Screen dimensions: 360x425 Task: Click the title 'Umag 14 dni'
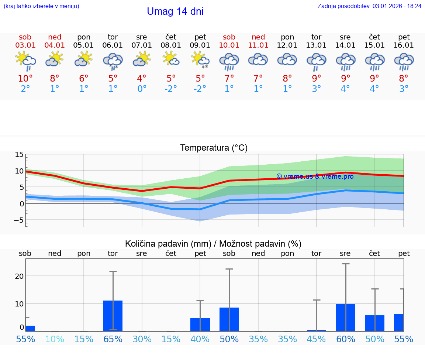click(x=175, y=11)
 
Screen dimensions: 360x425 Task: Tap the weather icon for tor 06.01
click(x=113, y=60)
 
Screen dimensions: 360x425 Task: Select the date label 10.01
click(x=229, y=45)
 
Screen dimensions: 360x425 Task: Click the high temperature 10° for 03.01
click(x=25, y=78)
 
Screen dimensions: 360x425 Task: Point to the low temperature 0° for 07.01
click(x=142, y=89)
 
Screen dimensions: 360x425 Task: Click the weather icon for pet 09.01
click(x=200, y=60)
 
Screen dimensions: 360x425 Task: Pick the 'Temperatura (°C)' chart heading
click(x=214, y=148)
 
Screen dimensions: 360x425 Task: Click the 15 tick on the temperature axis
click(x=20, y=155)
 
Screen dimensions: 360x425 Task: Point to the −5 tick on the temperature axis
click(x=18, y=220)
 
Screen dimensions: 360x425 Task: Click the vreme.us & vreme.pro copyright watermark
click(x=315, y=176)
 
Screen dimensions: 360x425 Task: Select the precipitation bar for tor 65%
click(x=113, y=316)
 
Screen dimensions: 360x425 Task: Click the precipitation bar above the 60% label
click(x=345, y=317)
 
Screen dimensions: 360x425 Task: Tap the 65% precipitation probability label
click(x=113, y=339)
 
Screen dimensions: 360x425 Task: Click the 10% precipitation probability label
click(x=55, y=339)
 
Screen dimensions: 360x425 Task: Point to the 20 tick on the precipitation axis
click(x=20, y=276)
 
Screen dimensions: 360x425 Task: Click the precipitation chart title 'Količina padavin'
click(x=213, y=244)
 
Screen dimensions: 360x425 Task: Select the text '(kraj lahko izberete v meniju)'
click(x=41, y=6)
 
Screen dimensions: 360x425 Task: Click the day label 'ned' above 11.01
click(x=258, y=37)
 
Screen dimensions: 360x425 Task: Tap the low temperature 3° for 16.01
click(x=404, y=89)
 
